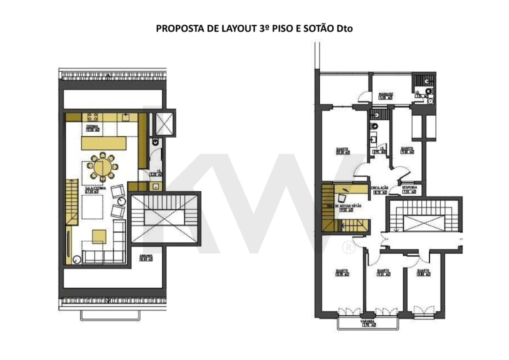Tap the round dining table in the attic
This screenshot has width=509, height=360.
tap(102, 167)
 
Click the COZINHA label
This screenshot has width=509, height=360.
tap(92, 126)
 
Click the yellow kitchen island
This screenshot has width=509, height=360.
tap(104, 143)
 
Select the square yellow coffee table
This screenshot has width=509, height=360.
tap(98, 236)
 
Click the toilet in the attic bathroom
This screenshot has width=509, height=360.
tap(155, 142)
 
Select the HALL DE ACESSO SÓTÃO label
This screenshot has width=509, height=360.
tap(344, 206)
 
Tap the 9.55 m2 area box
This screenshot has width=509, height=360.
tap(383, 274)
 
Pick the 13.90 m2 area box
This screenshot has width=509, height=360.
tap(342, 274)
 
